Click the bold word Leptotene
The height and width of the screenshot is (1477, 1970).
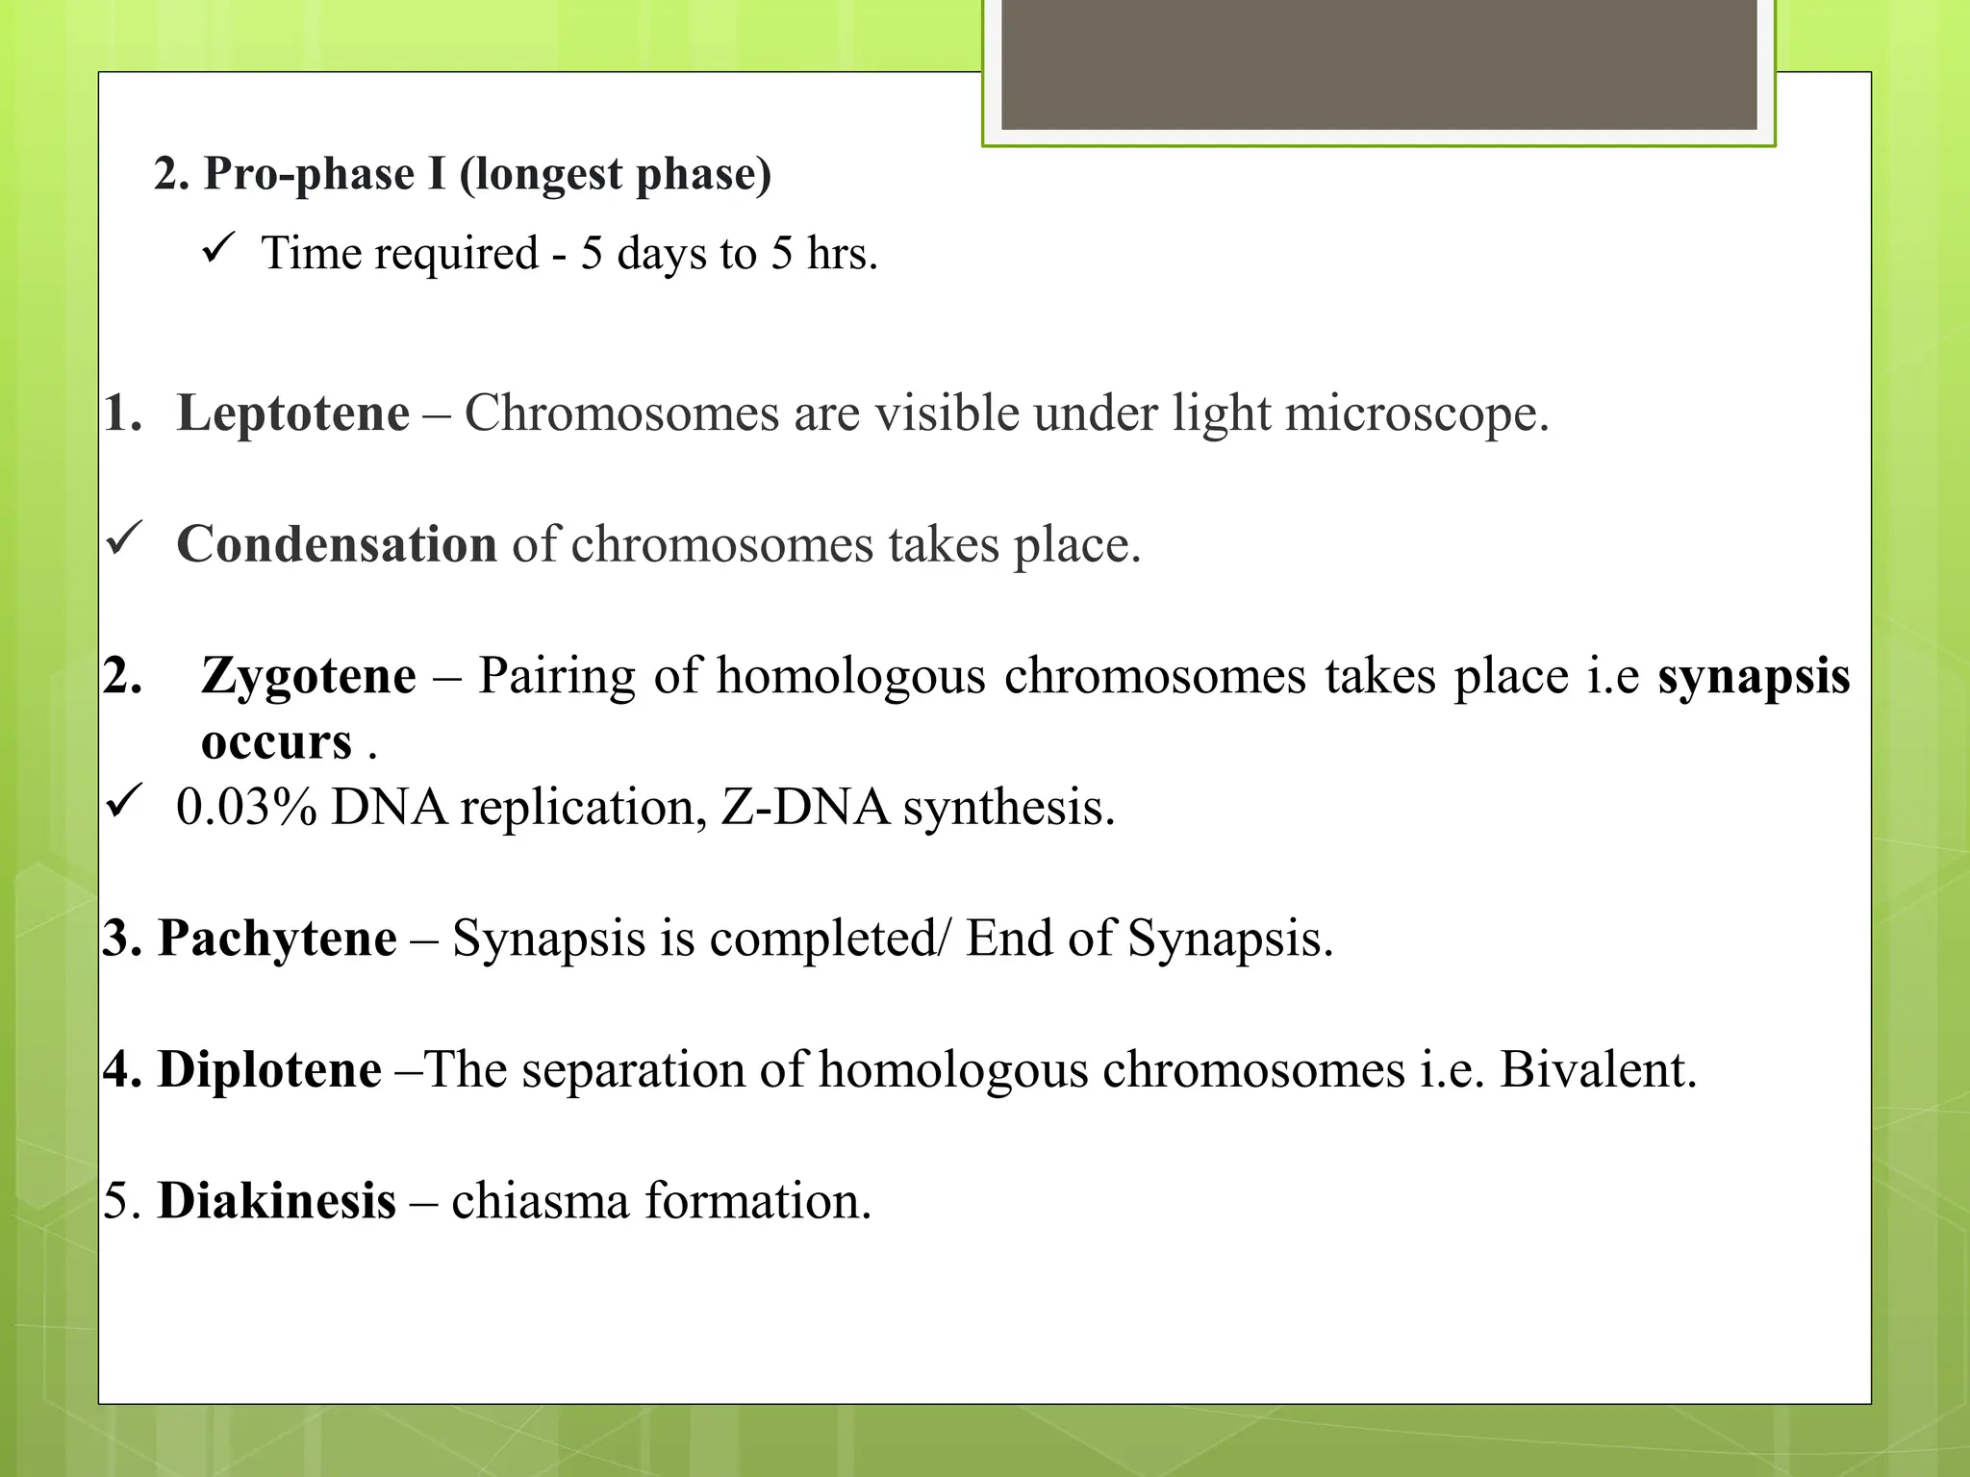tap(293, 413)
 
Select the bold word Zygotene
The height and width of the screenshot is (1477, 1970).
tap(309, 676)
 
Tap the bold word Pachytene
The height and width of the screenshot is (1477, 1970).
tap(277, 939)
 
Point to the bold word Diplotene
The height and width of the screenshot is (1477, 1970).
tap(269, 1070)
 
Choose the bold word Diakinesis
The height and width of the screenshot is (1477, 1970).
tap(277, 1201)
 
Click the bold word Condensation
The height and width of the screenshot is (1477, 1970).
tap(337, 544)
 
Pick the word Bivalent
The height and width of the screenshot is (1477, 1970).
tap(1598, 1070)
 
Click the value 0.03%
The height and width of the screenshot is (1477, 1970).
tap(246, 808)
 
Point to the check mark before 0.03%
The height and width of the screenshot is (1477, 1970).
tap(124, 800)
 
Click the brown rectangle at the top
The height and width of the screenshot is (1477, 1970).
tap(1378, 64)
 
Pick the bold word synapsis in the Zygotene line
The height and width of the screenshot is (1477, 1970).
tap(1754, 676)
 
